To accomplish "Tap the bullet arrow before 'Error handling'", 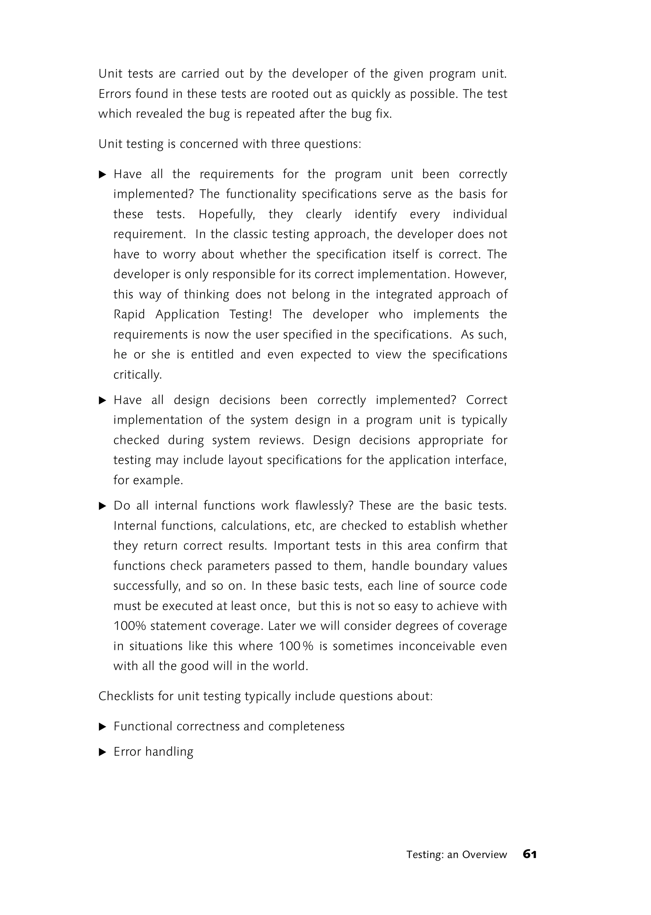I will pyautogui.click(x=103, y=752).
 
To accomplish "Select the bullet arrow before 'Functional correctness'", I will pyautogui.click(x=103, y=726).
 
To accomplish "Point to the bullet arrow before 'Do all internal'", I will pyautogui.click(x=103, y=506).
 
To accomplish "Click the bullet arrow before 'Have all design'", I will pyautogui.click(x=103, y=400).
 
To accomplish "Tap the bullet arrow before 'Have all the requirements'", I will pyautogui.click(x=103, y=175).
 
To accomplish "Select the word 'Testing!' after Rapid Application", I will pyautogui.click(x=250, y=314).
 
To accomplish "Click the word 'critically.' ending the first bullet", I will pyautogui.click(x=138, y=375).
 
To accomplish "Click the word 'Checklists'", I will pyautogui.click(x=126, y=696).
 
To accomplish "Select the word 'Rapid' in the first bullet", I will pyautogui.click(x=129, y=314).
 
